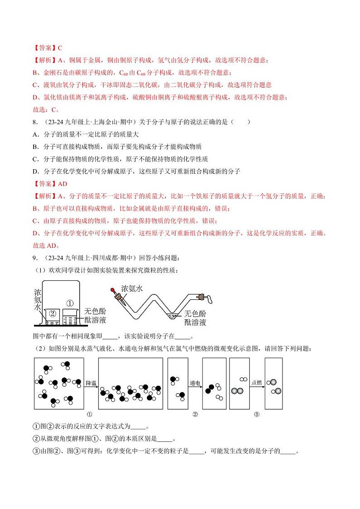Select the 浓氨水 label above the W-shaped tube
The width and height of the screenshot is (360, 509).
(132, 288)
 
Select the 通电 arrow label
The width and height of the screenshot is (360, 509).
(195, 383)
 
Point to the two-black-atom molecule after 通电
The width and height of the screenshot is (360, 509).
(210, 389)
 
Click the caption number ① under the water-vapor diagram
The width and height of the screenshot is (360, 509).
(89, 414)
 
